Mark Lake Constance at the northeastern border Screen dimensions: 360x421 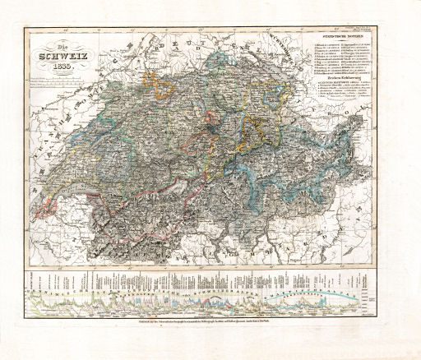coord(286,64)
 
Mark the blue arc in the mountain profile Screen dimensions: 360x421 coord(345,298)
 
